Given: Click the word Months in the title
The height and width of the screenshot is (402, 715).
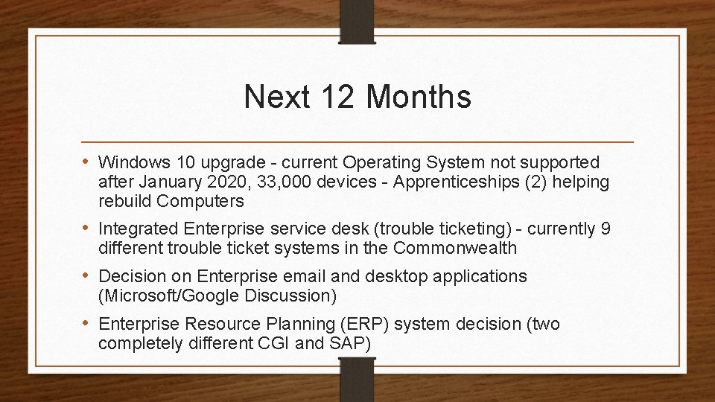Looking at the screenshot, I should (419, 97).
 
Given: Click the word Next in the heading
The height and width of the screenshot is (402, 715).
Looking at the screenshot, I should (276, 97).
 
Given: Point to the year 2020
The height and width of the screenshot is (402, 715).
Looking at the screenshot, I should (206, 182).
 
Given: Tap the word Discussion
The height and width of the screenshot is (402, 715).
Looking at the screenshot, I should (290, 296).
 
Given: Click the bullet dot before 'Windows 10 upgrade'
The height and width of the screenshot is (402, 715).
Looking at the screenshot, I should (87, 162).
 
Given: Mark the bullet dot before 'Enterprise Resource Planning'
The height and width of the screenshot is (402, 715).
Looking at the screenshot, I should (87, 324).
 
